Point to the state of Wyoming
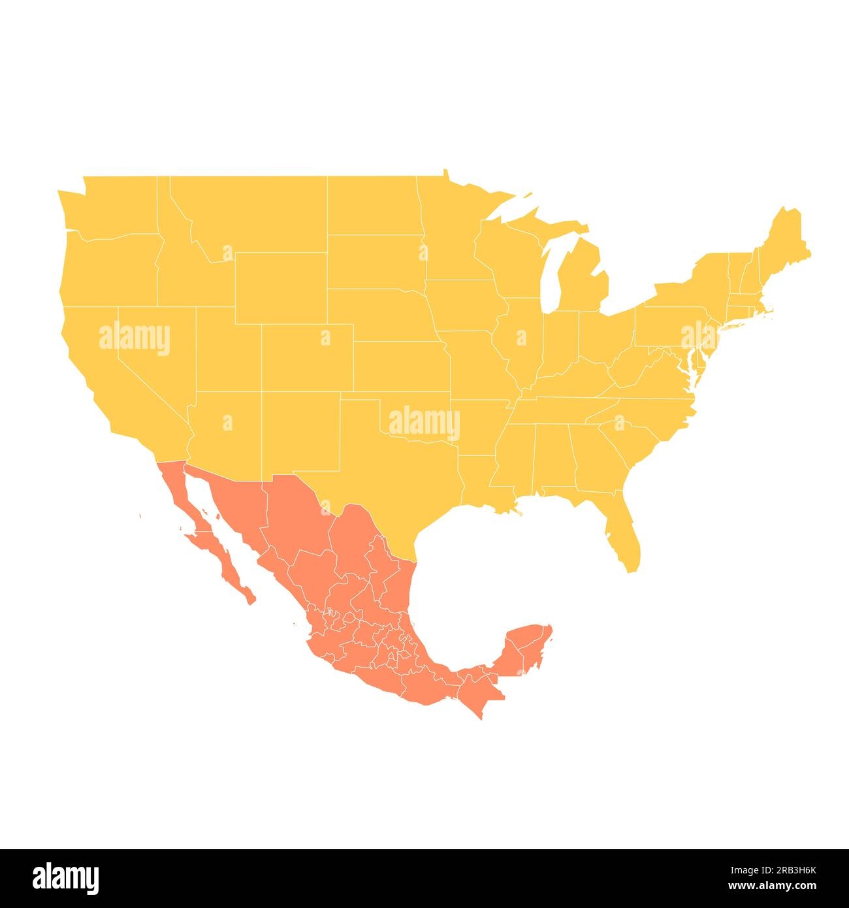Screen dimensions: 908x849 pos(281,287)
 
